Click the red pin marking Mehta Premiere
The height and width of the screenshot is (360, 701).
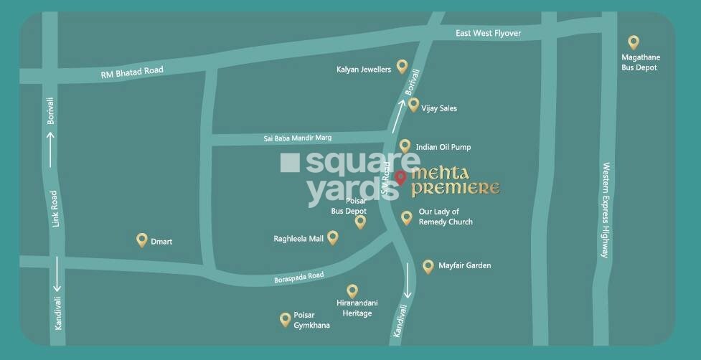pyautogui.click(x=400, y=177)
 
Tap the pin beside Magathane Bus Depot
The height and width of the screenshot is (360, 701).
pyautogui.click(x=634, y=43)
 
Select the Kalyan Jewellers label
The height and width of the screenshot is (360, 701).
pyautogui.click(x=364, y=70)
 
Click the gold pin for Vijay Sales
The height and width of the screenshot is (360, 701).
pyautogui.click(x=413, y=105)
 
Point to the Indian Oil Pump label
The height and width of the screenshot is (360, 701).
pyautogui.click(x=443, y=147)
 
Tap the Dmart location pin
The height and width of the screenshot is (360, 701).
pyautogui.click(x=142, y=240)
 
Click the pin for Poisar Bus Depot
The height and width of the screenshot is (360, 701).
pyautogui.click(x=360, y=222)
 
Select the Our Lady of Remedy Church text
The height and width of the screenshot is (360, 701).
pyautogui.click(x=446, y=217)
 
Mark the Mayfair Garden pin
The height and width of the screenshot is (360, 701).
pyautogui.click(x=428, y=266)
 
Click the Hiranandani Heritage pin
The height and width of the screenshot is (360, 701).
pyautogui.click(x=352, y=290)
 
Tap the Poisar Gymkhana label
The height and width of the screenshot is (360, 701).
pyautogui.click(x=311, y=321)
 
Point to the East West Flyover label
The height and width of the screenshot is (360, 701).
pyautogui.click(x=489, y=34)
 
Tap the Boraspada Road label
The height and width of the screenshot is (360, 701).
pyautogui.click(x=299, y=277)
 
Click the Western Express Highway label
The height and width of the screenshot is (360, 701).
pyautogui.click(x=606, y=209)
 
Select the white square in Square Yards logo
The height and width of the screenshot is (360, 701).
pyautogui.click(x=291, y=163)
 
